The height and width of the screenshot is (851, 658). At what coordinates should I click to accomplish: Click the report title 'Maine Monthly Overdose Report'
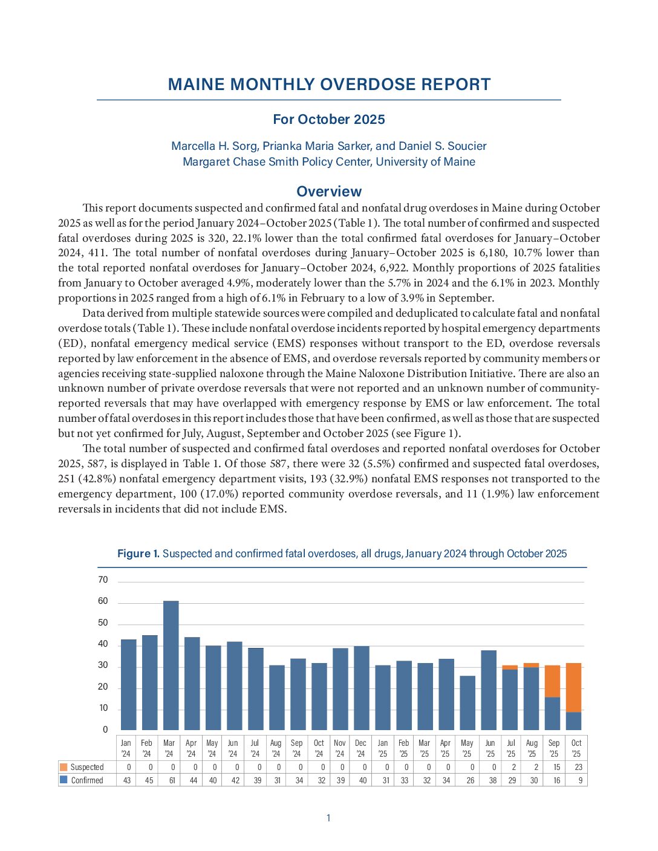pos(329,85)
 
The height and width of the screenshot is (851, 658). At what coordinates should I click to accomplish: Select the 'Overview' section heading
pos(329,192)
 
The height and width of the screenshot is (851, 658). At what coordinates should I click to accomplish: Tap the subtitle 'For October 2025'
pos(329,119)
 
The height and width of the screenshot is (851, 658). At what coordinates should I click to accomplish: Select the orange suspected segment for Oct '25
pos(573,687)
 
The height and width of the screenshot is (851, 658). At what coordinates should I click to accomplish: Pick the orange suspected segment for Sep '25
pos(552,681)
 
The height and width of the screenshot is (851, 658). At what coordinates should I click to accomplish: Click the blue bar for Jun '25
pos(489,690)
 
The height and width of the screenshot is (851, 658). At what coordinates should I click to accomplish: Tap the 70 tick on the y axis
pos(103,580)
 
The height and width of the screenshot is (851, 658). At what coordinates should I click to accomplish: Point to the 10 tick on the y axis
pos(103,708)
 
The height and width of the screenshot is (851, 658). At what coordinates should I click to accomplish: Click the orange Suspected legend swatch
pos(64,767)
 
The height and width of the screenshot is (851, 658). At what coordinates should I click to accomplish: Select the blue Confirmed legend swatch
pos(64,780)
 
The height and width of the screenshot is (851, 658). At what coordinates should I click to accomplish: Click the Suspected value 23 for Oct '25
pos(578,767)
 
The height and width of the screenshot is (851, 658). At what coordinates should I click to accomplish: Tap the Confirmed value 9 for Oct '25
pos(579,780)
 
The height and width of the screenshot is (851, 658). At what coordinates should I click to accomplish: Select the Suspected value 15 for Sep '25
pos(556,767)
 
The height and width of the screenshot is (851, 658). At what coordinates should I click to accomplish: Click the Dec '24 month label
pos(361,748)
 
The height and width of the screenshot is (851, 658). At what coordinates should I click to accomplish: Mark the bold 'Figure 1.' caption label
pos(138,554)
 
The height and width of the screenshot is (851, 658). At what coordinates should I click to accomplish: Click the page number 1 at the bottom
pos(328,818)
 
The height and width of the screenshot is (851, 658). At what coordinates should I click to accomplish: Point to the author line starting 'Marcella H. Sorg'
pos(329,146)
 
